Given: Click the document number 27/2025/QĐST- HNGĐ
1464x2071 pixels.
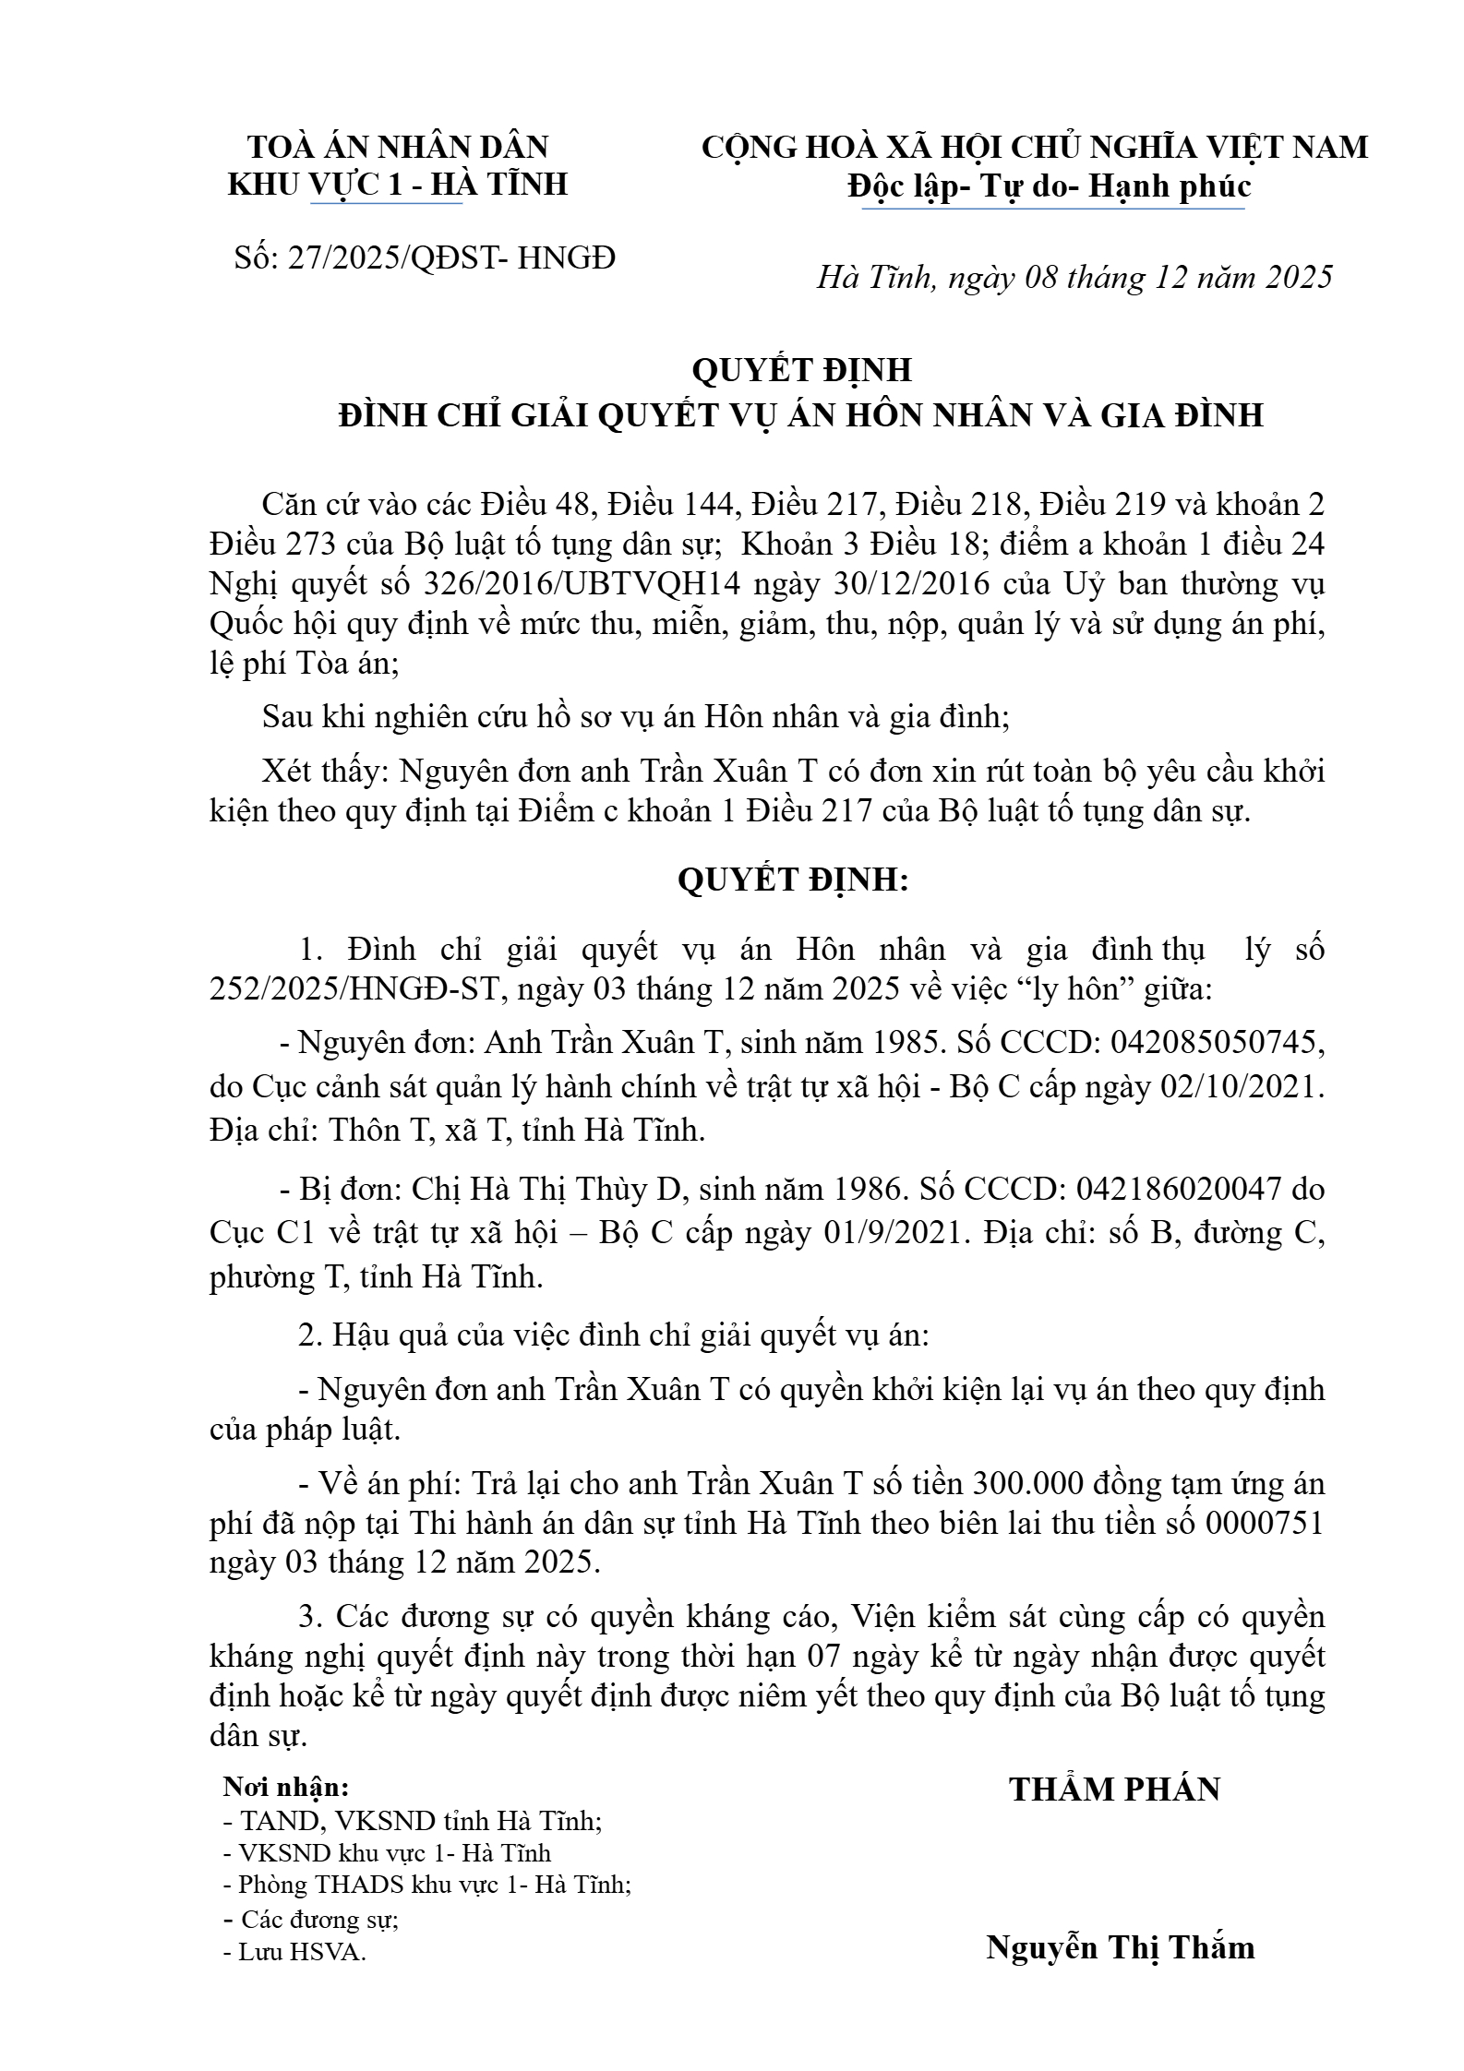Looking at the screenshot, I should click(x=451, y=257).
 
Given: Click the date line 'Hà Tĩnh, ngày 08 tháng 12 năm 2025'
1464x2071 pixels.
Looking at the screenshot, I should click(x=1074, y=277).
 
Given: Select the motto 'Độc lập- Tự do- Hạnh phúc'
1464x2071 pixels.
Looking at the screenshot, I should click(x=1050, y=186).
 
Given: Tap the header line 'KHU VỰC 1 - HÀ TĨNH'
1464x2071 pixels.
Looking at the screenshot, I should click(x=397, y=184).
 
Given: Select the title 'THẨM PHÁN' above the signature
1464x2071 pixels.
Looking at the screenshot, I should click(x=1114, y=1789).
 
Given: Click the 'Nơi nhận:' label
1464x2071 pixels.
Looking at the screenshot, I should click(x=286, y=1787).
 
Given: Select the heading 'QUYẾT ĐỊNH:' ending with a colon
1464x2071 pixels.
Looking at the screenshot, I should click(x=793, y=880).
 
